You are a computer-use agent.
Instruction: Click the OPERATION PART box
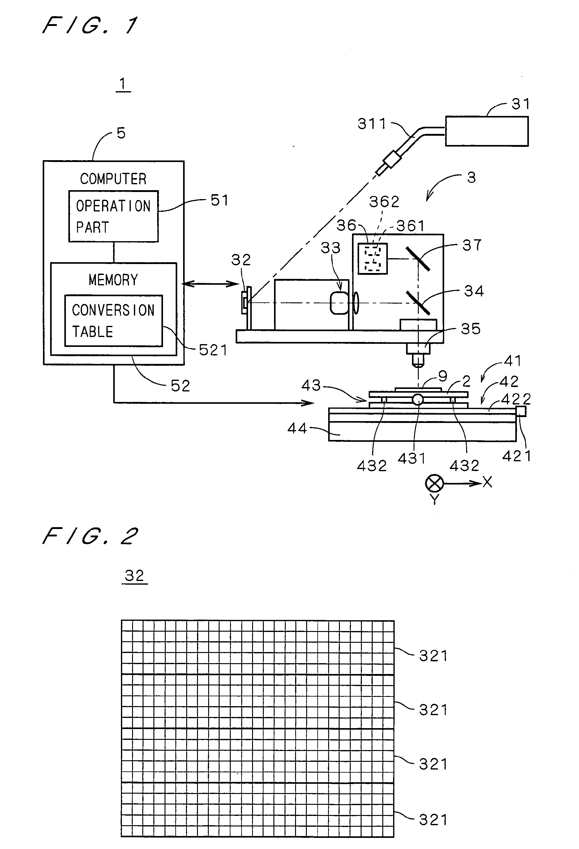(x=113, y=216)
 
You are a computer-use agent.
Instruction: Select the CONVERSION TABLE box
(x=113, y=320)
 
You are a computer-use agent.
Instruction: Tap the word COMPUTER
(x=113, y=179)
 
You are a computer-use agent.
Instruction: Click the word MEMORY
(x=113, y=280)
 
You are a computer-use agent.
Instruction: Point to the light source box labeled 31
(x=487, y=131)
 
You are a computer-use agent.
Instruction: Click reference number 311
(x=372, y=124)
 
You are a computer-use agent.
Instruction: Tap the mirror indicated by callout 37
(x=418, y=259)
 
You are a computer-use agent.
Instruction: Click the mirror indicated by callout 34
(x=418, y=302)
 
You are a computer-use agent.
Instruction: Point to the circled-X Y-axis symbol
(x=434, y=483)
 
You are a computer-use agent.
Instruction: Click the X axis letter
(x=487, y=482)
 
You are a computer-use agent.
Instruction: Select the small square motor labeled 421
(x=521, y=411)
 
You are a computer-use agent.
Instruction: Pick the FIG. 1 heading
(x=90, y=26)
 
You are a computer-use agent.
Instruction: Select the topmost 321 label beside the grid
(x=433, y=656)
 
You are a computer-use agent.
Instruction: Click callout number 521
(x=213, y=350)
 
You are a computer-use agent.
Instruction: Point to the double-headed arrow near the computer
(x=210, y=284)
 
